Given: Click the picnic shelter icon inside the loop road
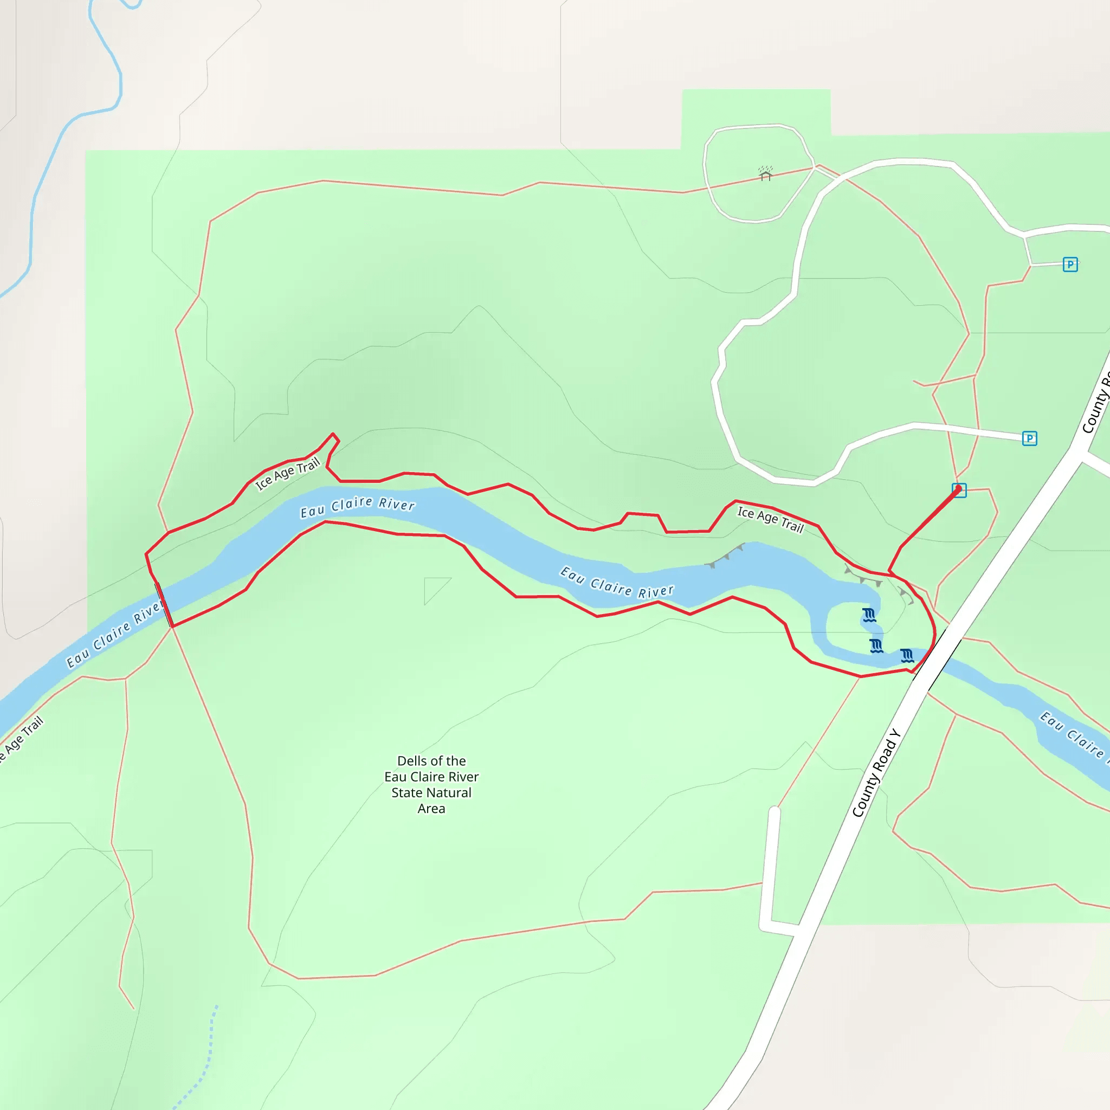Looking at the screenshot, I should click(x=765, y=173).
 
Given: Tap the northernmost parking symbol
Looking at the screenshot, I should click(x=1070, y=264).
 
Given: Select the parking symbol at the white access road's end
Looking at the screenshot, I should click(x=1030, y=439).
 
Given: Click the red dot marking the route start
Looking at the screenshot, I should click(x=958, y=489).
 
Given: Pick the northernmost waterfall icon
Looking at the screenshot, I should click(x=869, y=615).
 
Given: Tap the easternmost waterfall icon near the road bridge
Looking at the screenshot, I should click(x=907, y=656).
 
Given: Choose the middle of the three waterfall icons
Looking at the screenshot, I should click(x=876, y=647).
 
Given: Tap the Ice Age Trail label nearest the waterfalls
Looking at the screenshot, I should click(x=771, y=519).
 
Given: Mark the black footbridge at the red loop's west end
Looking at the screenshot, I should click(x=164, y=604).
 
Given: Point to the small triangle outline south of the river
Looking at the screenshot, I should click(x=434, y=587).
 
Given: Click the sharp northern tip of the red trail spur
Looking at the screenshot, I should click(x=333, y=434).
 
